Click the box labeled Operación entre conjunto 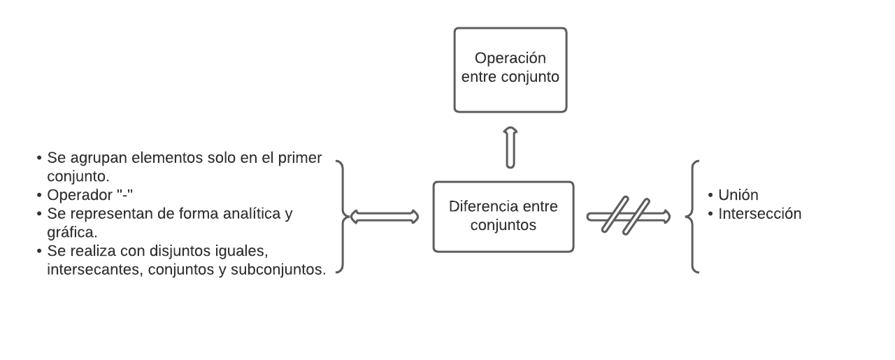tap(510, 70)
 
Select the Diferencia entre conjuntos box tap(503, 216)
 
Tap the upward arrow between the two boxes tap(510, 147)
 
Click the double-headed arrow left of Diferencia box tap(384, 217)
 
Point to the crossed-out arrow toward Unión tap(628, 216)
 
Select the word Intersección tap(759, 214)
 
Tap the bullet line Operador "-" tap(89, 195)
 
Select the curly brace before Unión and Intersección tap(693, 216)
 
